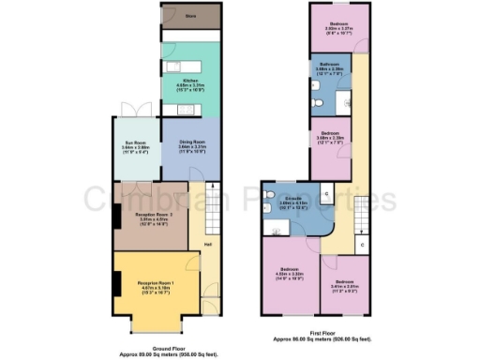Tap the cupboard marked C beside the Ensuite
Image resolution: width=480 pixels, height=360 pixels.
pyautogui.click(x=323, y=194)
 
